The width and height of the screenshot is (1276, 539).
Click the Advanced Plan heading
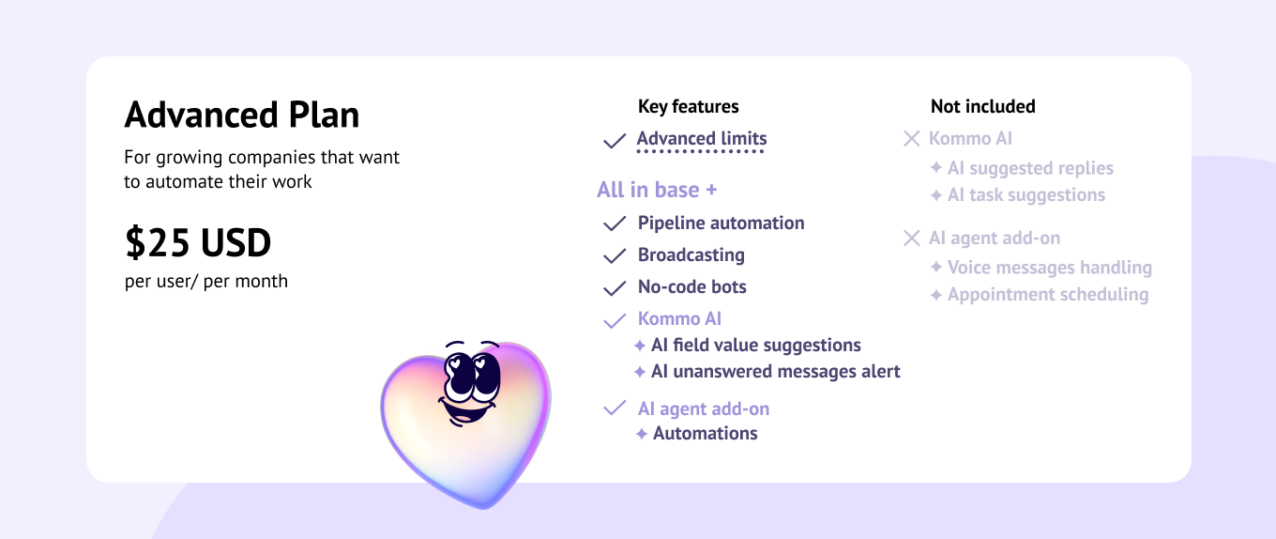(242, 115)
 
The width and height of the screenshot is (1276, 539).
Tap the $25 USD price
(198, 242)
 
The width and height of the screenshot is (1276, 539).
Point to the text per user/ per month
(206, 281)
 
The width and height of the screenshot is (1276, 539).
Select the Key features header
(688, 106)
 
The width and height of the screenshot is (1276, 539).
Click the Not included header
(982, 106)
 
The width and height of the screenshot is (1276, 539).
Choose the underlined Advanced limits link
(702, 139)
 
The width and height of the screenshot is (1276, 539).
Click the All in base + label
(657, 190)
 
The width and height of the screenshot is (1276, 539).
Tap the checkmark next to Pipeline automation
(615, 223)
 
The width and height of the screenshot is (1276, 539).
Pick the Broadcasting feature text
(691, 255)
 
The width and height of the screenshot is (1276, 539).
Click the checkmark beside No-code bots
(615, 287)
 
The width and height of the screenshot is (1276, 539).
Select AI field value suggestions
(756, 345)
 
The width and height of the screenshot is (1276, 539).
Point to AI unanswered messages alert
(776, 371)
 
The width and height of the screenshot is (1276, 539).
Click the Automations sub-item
(706, 434)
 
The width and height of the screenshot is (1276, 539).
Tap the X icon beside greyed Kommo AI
(911, 139)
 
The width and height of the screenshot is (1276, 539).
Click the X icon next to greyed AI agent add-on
(911, 238)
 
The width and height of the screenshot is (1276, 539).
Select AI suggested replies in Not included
(1030, 168)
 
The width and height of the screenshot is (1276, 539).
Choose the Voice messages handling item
(1050, 268)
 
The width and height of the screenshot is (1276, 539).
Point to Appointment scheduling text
(1048, 295)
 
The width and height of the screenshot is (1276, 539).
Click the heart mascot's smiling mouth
(466, 410)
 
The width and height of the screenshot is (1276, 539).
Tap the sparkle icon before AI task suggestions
(936, 195)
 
